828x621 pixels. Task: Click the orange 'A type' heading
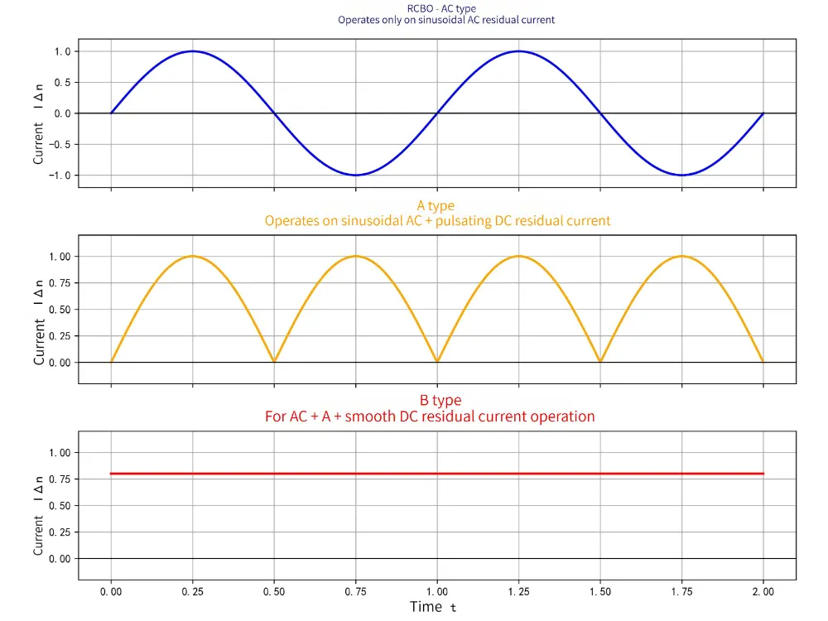(x=436, y=206)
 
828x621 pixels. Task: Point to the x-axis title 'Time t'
(x=432, y=607)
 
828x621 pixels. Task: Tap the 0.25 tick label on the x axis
(x=192, y=592)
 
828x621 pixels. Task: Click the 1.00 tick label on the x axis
(x=436, y=592)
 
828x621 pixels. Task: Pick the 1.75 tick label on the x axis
(x=681, y=592)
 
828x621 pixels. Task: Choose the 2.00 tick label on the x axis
(x=763, y=592)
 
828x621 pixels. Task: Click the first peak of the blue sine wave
(x=192, y=51)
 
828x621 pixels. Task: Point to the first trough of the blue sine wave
(x=355, y=175)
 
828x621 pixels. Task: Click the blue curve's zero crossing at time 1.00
(x=436, y=113)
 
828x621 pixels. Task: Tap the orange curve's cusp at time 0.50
(x=274, y=362)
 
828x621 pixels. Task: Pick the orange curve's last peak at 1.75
(x=681, y=256)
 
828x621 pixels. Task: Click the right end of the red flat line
(x=762, y=474)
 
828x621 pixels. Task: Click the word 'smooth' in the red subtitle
(x=370, y=416)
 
